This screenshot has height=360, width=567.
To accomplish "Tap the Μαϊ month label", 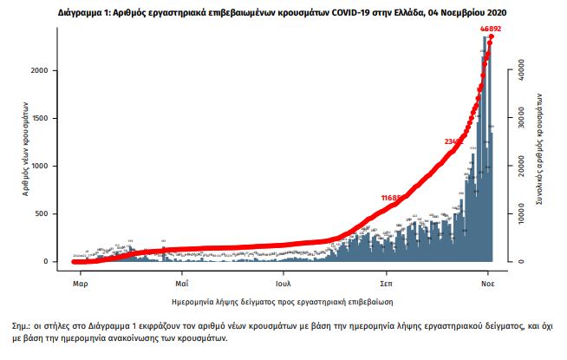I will coord(182,283).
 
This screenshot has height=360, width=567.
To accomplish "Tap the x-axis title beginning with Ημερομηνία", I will coord(283,302).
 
